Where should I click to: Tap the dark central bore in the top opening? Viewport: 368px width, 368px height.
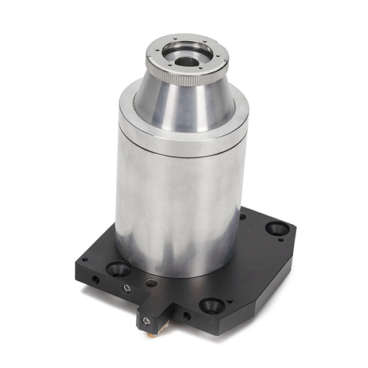point(185,59)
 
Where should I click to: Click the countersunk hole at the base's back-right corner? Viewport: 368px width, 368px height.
point(277,228)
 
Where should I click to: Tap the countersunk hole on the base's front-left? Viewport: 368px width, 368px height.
point(118,269)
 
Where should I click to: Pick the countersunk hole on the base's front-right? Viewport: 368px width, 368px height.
point(212,305)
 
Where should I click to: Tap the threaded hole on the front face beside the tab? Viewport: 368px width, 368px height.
point(186,316)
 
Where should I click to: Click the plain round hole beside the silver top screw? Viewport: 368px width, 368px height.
point(151,283)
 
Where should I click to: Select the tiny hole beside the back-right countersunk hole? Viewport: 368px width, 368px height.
point(279,240)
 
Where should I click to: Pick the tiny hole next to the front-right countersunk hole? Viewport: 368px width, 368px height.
point(229,301)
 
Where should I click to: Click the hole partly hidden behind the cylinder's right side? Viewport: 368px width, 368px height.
point(243,217)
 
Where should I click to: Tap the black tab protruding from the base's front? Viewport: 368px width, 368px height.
point(154,313)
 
